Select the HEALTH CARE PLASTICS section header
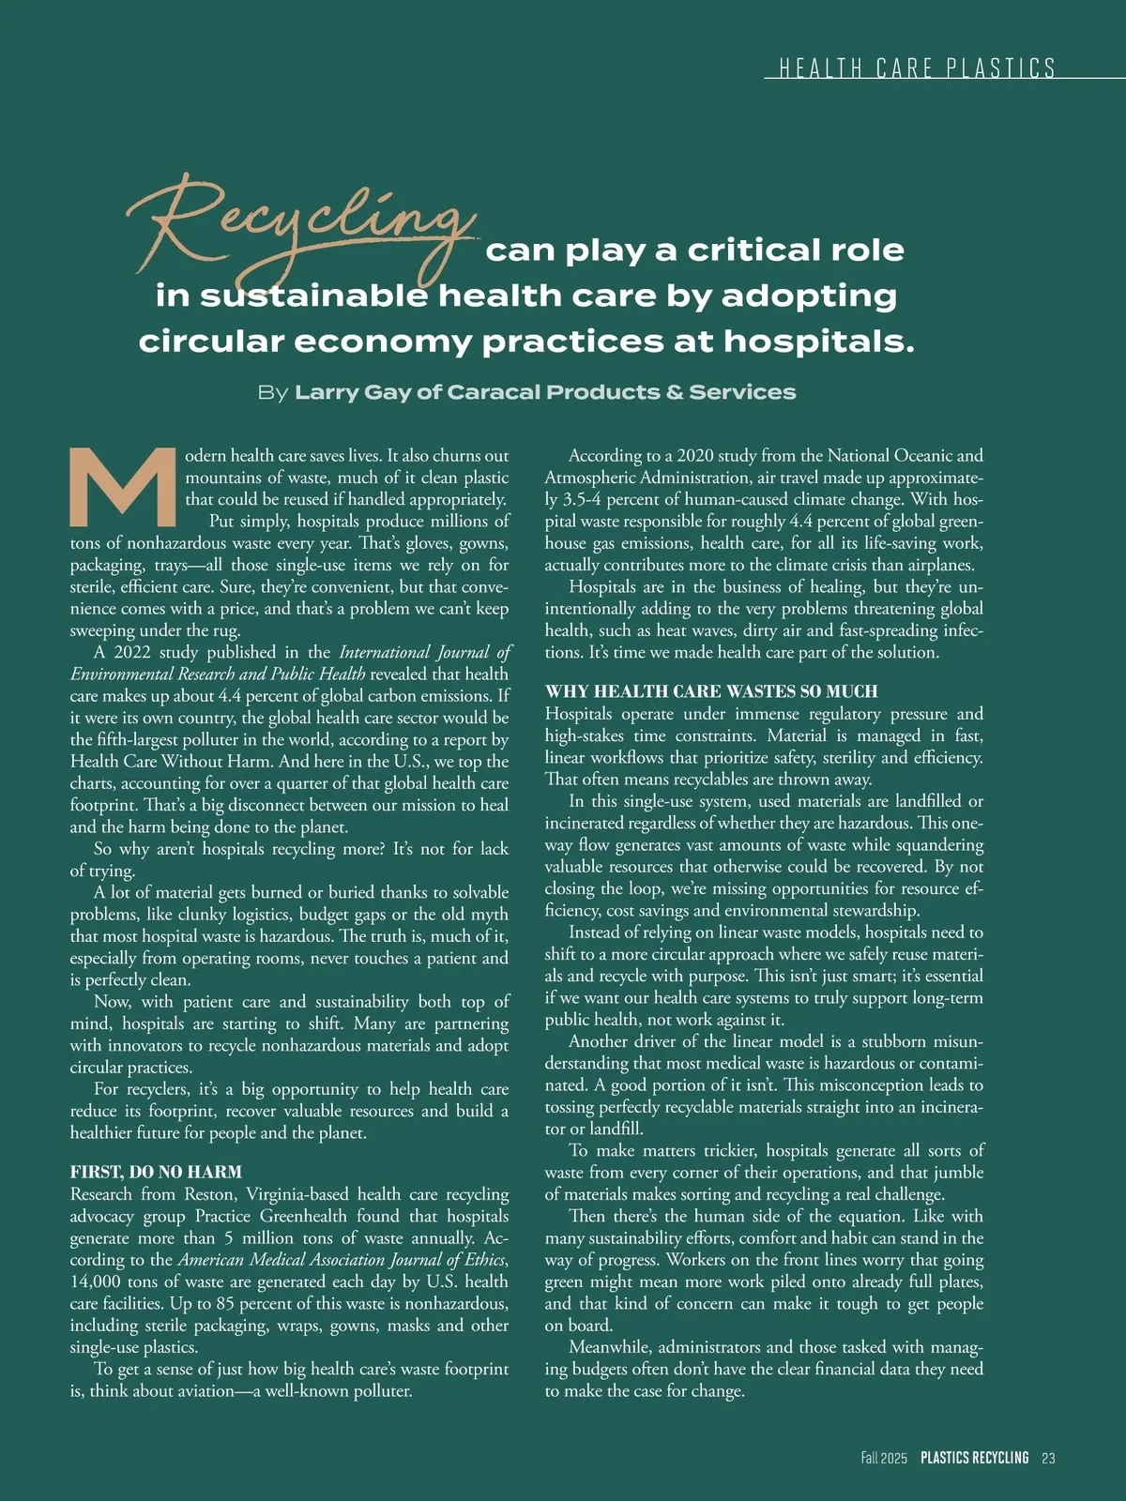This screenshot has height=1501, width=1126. pyautogui.click(x=917, y=68)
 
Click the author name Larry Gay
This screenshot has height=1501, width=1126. pyautogui.click(x=353, y=392)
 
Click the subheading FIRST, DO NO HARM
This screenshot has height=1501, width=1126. pyautogui.click(x=156, y=1172)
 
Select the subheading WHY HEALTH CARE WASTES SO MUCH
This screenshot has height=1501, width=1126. pyautogui.click(x=711, y=691)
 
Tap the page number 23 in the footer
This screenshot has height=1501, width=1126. pyautogui.click(x=1048, y=1458)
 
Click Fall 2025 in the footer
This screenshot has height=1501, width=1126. pyautogui.click(x=884, y=1458)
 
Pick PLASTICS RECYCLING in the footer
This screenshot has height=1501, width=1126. pyautogui.click(x=974, y=1458)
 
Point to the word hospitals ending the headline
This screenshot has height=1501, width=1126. pyautogui.click(x=818, y=341)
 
